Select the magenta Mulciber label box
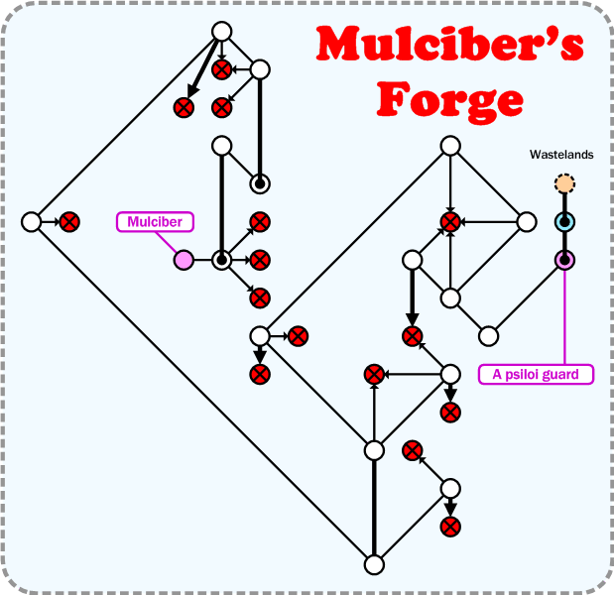(155, 222)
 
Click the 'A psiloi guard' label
(536, 374)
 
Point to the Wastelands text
(561, 155)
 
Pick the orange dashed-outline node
(564, 183)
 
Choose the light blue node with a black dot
(564, 222)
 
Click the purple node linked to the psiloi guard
(564, 260)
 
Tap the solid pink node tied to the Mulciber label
(184, 260)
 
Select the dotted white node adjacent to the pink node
(221, 260)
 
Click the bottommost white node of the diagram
(374, 564)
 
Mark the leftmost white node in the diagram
(31, 222)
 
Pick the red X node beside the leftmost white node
(69, 222)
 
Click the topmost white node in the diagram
(221, 32)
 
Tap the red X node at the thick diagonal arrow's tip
(184, 107)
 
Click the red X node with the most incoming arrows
(450, 222)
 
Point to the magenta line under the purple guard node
(564, 317)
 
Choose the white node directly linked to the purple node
(488, 336)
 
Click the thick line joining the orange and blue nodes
(564, 203)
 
